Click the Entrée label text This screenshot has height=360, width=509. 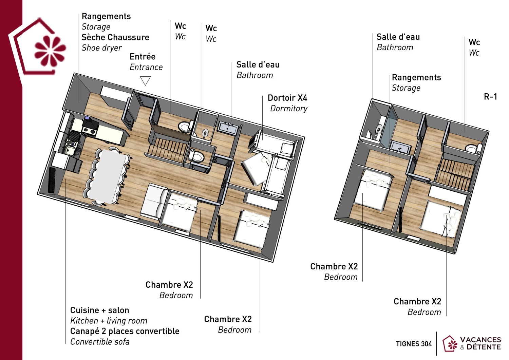(x=143, y=57)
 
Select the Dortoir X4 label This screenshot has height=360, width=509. (x=287, y=98)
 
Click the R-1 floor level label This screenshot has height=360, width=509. (x=490, y=97)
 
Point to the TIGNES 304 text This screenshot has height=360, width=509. (x=414, y=344)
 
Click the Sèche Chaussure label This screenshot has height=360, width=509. (x=115, y=37)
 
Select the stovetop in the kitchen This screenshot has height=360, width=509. (x=89, y=130)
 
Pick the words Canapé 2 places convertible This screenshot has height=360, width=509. (x=125, y=331)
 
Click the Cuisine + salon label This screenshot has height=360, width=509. (x=99, y=310)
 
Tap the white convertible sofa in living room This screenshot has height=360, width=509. (x=154, y=202)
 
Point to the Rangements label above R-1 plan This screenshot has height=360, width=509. (x=416, y=77)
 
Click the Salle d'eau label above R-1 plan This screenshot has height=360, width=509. (x=398, y=37)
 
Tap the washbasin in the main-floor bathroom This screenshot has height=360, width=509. (x=228, y=128)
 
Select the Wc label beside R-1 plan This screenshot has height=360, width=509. (x=474, y=42)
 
